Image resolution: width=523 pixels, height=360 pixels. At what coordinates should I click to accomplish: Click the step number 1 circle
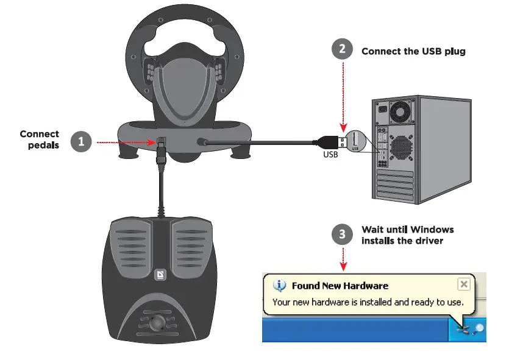click(x=81, y=142)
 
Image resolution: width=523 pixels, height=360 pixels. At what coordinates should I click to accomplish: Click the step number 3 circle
click(x=342, y=235)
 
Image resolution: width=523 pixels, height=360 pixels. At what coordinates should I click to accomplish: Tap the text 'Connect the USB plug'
click(x=413, y=51)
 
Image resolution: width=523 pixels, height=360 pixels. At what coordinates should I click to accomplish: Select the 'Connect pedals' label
click(x=40, y=139)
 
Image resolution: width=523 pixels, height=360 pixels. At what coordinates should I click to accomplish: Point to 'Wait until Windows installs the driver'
click(x=407, y=235)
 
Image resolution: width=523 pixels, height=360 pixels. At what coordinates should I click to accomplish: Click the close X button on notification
click(x=463, y=284)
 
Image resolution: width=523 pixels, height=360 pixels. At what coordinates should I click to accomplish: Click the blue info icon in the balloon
click(x=280, y=285)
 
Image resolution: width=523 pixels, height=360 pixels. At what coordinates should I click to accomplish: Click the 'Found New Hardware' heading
click(x=340, y=286)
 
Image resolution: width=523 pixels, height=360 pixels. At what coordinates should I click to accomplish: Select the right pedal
click(x=192, y=250)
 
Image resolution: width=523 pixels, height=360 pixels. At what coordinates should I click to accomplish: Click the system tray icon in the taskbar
click(x=467, y=330)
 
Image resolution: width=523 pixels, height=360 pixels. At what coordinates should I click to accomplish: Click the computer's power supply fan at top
click(x=401, y=110)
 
